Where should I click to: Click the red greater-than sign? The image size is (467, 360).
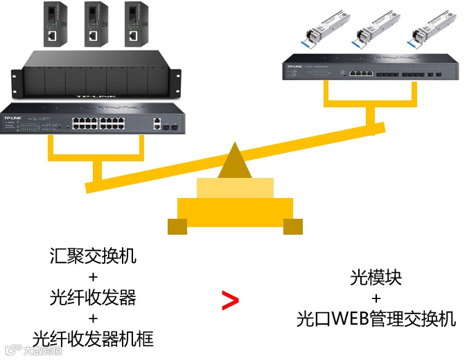point(230,300)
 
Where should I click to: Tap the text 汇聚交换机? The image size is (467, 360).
point(93,256)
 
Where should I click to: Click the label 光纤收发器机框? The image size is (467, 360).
point(93,339)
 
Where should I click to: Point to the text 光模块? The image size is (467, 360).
point(376,278)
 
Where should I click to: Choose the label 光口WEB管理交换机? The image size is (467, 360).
point(376,319)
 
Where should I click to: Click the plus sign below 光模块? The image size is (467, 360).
point(376,298)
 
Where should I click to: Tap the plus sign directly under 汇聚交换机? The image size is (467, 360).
point(93,277)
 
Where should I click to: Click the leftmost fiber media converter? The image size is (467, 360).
point(53,24)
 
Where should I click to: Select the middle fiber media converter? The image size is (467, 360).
point(94,24)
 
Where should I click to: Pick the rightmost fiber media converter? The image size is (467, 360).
point(134,24)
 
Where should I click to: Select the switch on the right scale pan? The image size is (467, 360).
point(371,69)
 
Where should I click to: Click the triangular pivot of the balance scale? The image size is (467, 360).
point(236,161)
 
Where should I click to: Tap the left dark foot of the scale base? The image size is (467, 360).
point(177,226)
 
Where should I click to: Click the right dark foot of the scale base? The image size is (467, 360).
point(293,226)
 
